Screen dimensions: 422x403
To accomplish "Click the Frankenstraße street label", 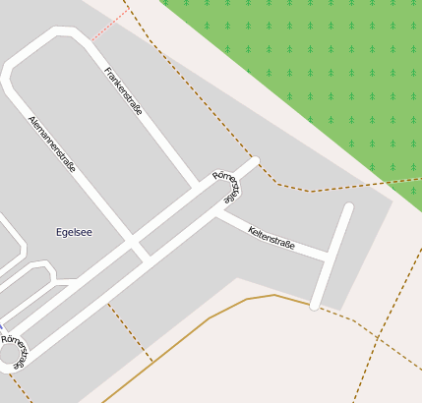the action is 124,91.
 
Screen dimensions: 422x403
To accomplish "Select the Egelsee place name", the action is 75,232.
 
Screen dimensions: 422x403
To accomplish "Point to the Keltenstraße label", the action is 271,238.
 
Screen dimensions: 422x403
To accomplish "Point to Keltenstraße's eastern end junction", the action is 327,258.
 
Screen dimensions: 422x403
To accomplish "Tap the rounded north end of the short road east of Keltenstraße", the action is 348,207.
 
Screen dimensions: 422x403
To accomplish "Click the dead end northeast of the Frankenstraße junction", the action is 255,160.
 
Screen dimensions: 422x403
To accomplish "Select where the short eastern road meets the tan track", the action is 315,307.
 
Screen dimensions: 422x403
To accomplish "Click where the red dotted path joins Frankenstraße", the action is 90,41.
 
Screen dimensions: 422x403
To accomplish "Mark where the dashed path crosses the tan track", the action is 152,361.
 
